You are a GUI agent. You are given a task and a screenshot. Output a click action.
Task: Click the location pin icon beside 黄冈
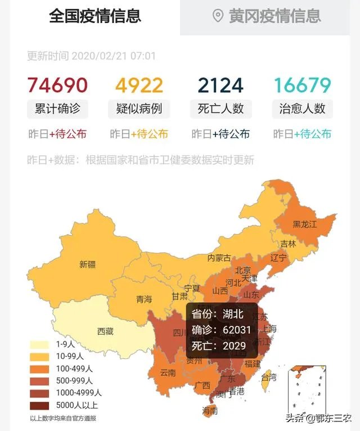(x=218, y=16)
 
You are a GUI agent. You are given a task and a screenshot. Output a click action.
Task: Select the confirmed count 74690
(x=57, y=85)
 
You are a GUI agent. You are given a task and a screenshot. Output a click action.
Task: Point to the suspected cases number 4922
(x=139, y=85)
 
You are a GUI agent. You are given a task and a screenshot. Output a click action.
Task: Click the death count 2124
(x=220, y=85)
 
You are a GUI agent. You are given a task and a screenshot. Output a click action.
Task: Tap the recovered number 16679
(x=302, y=85)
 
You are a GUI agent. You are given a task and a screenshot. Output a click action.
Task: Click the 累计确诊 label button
(x=57, y=109)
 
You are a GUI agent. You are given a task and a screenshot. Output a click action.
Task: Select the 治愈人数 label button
(x=302, y=109)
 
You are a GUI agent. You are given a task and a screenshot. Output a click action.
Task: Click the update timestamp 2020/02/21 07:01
(x=113, y=56)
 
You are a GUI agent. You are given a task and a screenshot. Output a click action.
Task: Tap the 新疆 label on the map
(x=87, y=264)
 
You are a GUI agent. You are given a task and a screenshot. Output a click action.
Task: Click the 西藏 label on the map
(x=105, y=331)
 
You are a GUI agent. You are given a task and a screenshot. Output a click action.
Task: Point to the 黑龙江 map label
(x=306, y=225)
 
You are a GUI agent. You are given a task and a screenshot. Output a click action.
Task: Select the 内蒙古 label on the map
(x=219, y=258)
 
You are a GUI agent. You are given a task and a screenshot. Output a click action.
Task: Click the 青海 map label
(x=144, y=299)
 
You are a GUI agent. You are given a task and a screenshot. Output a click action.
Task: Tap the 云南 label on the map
(x=168, y=372)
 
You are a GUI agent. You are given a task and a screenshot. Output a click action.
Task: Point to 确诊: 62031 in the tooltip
(x=221, y=330)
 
